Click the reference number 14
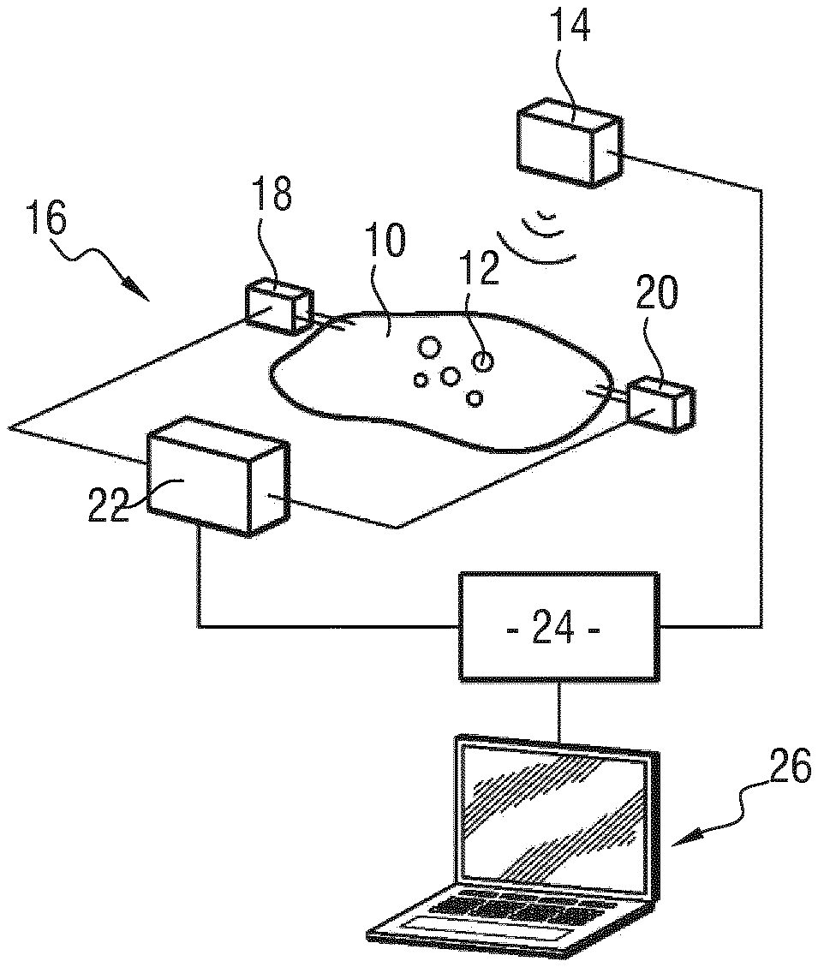point(570,27)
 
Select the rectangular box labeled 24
point(559,627)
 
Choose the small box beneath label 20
point(660,405)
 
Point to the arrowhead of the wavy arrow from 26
point(680,839)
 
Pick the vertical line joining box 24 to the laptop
point(559,708)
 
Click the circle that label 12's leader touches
point(484,360)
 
